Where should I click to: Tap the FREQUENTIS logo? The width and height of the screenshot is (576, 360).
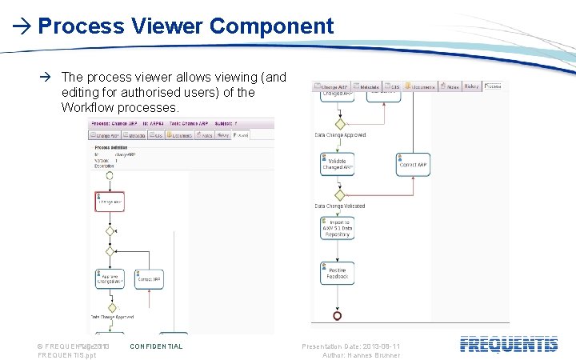tap(509, 345)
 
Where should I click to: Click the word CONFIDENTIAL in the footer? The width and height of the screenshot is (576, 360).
tap(156, 346)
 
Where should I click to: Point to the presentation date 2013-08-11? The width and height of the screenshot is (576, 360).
tap(376, 346)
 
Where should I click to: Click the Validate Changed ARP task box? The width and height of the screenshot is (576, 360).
tap(337, 165)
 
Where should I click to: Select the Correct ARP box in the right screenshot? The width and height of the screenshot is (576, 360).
tap(413, 165)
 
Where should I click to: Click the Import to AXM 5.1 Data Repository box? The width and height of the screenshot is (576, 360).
tap(337, 230)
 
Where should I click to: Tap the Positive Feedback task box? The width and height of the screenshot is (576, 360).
tap(337, 273)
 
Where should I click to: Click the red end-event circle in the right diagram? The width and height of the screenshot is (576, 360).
tap(338, 316)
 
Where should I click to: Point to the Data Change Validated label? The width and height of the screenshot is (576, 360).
tap(340, 206)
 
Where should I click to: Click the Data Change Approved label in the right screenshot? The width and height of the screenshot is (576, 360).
tap(340, 135)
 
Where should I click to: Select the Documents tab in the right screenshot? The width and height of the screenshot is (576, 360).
tap(422, 86)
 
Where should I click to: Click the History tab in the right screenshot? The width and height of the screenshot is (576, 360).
tap(471, 86)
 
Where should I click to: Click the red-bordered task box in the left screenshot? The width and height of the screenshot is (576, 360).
tap(110, 201)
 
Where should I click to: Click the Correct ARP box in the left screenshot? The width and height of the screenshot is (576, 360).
tap(150, 279)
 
